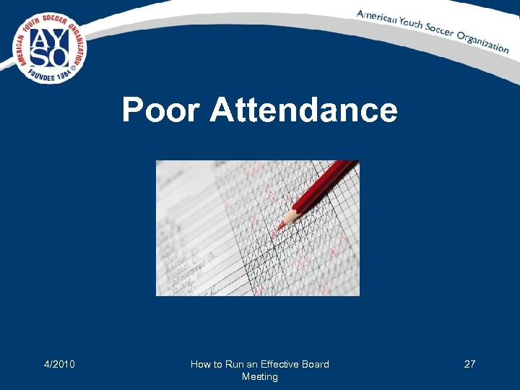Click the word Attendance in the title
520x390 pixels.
[x=303, y=110]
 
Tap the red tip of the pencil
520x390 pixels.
[x=278, y=227]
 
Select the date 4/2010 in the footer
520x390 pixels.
[x=60, y=364]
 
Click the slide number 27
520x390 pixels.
[x=469, y=364]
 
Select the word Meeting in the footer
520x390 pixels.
[x=260, y=376]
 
